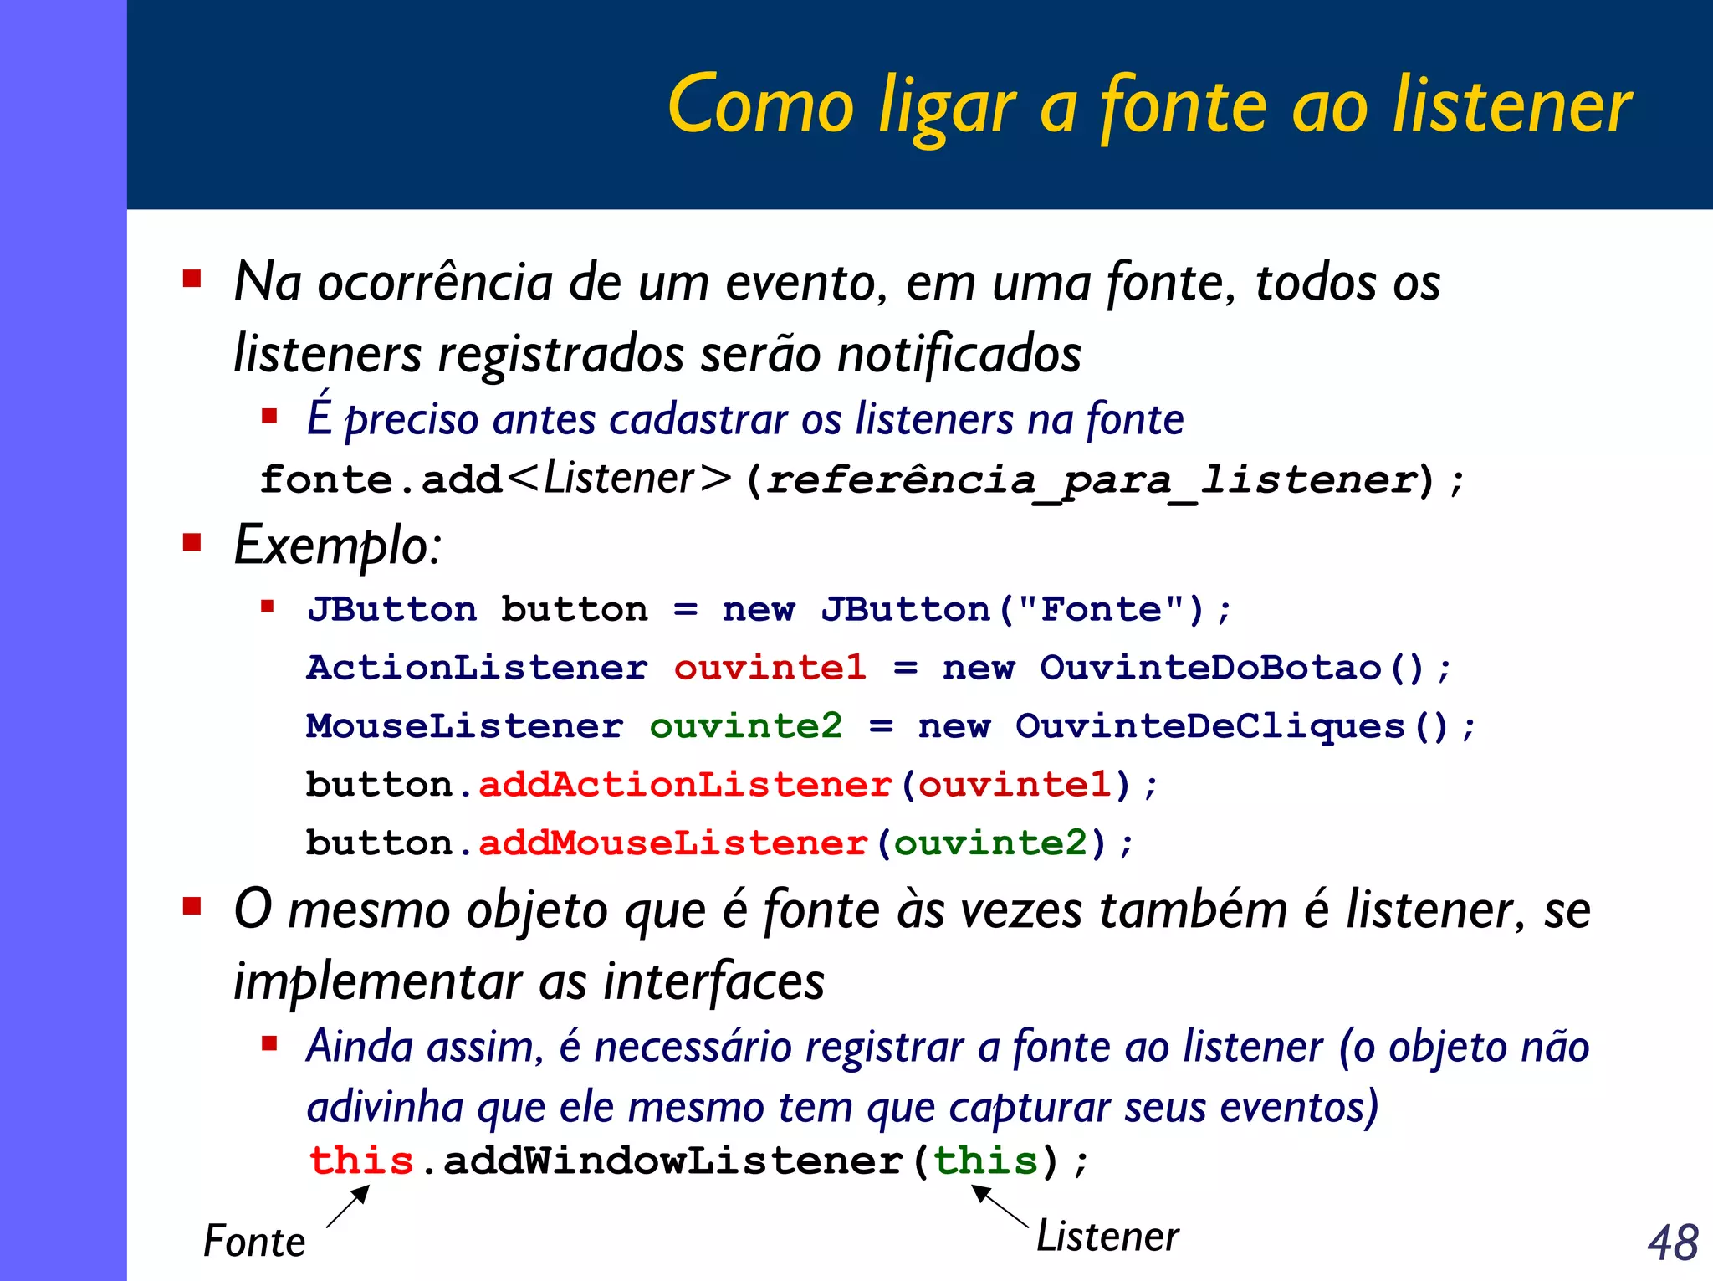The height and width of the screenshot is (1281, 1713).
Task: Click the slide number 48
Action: click(1673, 1243)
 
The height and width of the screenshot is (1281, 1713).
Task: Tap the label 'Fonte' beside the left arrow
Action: click(254, 1242)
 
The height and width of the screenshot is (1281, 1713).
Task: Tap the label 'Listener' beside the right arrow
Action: click(1107, 1237)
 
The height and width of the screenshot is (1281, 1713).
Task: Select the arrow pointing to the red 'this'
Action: click(347, 1207)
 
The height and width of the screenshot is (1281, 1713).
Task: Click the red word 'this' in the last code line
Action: click(361, 1161)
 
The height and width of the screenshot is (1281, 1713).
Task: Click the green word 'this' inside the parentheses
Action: click(985, 1161)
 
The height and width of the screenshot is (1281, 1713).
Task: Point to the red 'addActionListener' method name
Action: click(685, 785)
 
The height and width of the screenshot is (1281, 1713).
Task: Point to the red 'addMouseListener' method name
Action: click(672, 843)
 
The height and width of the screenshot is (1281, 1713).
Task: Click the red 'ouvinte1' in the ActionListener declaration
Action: click(770, 668)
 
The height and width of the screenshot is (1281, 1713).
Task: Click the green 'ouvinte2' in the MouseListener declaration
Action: click(745, 726)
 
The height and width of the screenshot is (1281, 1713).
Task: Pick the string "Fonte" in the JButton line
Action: click(1102, 609)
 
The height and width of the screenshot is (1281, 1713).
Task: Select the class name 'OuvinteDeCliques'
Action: click(1209, 726)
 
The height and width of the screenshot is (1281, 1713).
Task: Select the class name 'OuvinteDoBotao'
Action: click(1210, 668)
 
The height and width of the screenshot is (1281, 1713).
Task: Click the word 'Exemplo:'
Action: click(337, 546)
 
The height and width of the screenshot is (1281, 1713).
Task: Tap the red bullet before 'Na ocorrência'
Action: click(192, 279)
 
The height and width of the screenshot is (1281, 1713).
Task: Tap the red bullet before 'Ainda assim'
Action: click(269, 1043)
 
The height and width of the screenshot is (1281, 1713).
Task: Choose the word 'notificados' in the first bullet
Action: click(959, 354)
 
